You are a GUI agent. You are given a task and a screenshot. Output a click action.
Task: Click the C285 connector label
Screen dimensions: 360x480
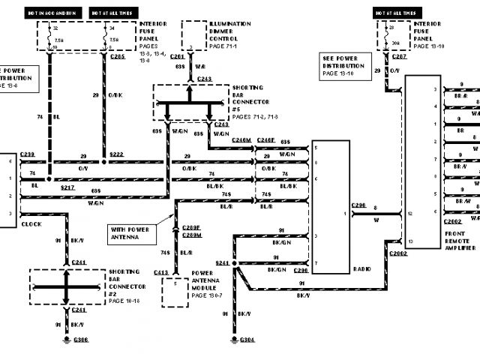pos(117,56)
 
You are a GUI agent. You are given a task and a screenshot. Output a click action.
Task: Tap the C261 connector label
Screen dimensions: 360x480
pos(177,56)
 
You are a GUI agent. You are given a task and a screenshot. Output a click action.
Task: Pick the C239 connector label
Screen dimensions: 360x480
pos(28,153)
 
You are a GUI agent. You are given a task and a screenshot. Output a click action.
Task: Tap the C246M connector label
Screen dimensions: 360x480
pos(241,140)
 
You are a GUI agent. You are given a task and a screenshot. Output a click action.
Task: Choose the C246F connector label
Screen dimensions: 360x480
pos(266,140)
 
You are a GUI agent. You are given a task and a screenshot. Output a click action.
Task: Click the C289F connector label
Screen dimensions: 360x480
pos(192,228)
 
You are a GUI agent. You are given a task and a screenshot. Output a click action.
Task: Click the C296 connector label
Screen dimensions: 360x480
pos(358,205)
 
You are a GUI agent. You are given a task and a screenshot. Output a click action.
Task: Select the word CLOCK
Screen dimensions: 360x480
pos(31,223)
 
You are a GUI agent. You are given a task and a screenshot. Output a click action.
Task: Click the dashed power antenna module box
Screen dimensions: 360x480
pos(177,291)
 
